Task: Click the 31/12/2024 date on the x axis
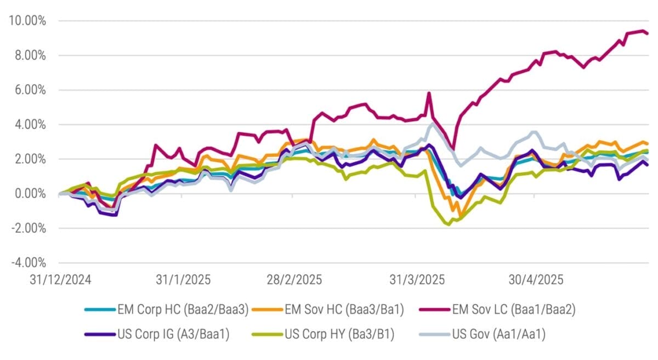60,279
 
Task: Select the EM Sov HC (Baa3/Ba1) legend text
344,310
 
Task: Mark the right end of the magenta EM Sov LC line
648,33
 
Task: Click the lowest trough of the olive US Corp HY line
449,224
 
